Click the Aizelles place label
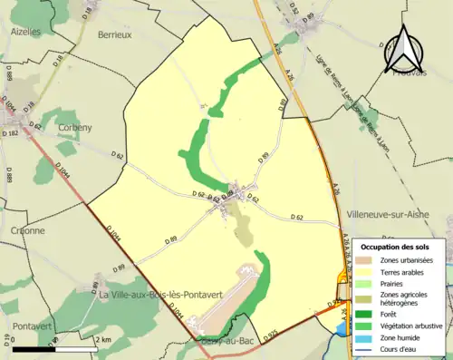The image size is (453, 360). click(x=24, y=31)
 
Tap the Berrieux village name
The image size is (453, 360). click(x=113, y=34)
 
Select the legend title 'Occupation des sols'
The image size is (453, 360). click(x=398, y=247)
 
